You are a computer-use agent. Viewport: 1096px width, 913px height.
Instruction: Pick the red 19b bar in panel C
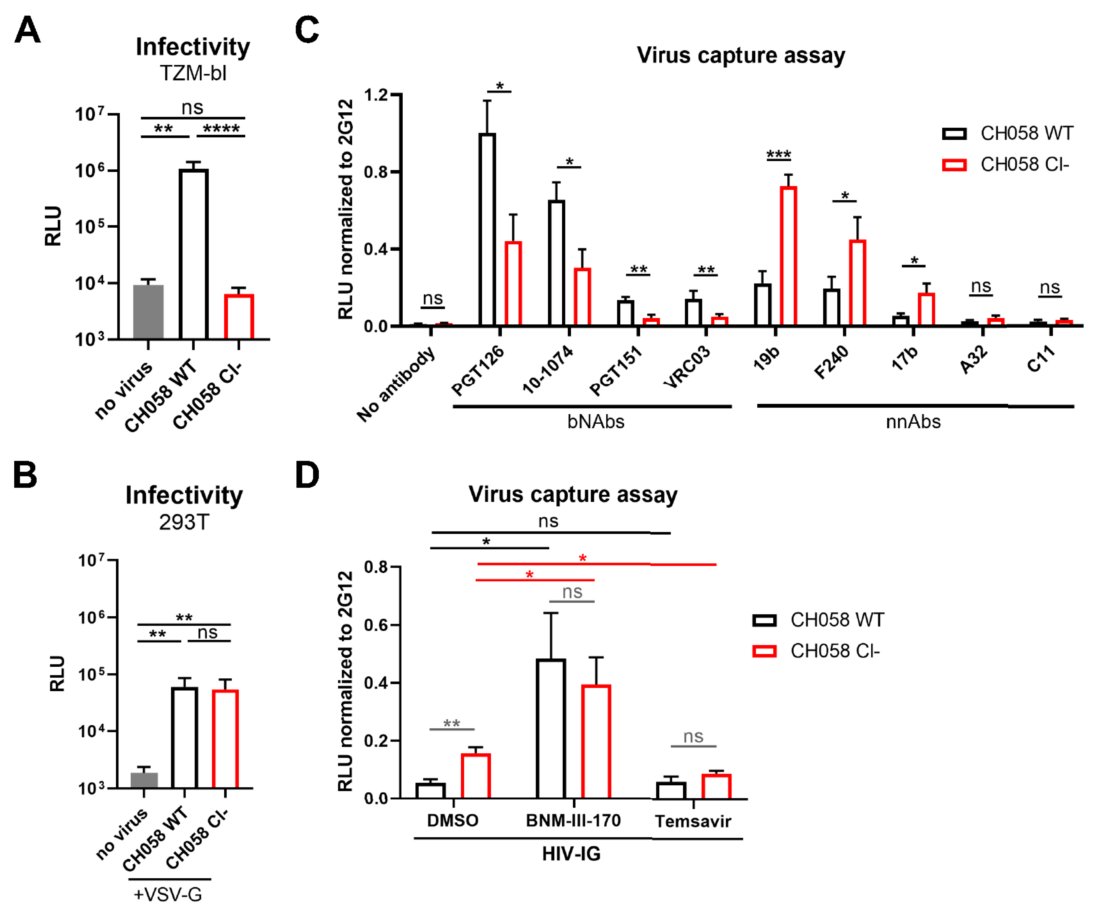tap(788, 256)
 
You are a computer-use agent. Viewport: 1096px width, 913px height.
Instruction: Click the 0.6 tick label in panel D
tap(376, 625)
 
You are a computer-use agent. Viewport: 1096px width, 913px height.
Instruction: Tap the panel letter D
tap(307, 475)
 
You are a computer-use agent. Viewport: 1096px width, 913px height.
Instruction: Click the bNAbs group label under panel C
tap(596, 422)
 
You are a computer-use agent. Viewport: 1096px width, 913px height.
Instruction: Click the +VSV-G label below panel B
tap(168, 895)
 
